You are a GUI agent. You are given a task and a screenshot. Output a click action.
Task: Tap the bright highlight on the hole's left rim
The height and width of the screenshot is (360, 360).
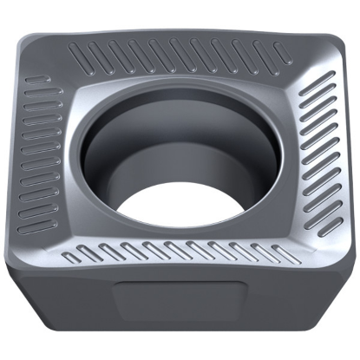coord(87,147)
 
